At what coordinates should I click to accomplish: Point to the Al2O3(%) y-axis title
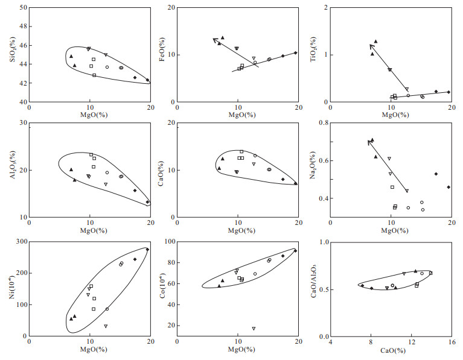tap(12, 170)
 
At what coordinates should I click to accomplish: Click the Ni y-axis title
tap(12, 288)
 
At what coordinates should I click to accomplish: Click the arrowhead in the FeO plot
tap(214, 40)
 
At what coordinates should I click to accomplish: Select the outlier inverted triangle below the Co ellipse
tap(254, 329)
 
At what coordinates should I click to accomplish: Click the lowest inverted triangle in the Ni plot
tap(106, 326)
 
